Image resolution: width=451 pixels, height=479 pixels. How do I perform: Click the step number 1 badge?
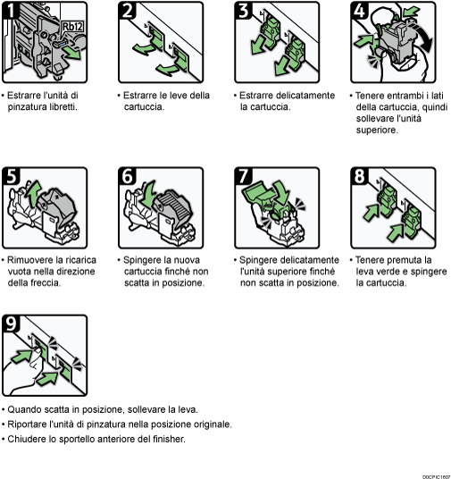pos(12,12)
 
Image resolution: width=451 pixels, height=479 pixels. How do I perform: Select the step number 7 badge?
pos(244,175)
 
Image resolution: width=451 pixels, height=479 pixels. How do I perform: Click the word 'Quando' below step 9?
pos(24,408)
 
